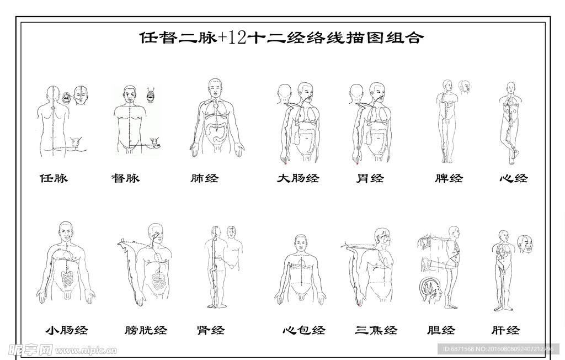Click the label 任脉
[54, 178]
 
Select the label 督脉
[125, 178]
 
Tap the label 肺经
[204, 178]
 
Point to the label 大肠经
[298, 178]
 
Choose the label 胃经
[370, 178]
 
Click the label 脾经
[449, 178]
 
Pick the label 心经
[514, 178]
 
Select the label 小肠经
[66, 330]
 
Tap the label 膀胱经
[146, 330]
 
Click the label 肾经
[211, 330]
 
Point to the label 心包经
[304, 330]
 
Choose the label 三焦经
[376, 330]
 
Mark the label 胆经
[441, 330]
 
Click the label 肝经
[505, 330]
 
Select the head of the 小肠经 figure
[66, 231]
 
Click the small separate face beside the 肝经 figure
[525, 243]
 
